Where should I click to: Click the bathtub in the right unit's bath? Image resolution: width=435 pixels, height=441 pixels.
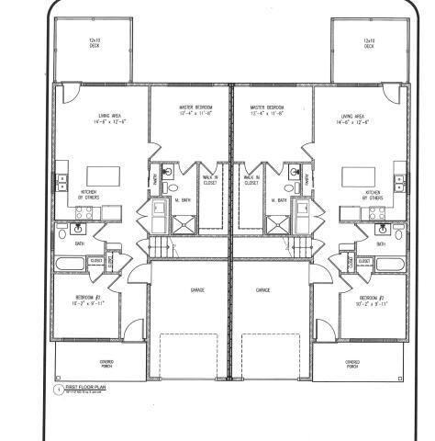393,266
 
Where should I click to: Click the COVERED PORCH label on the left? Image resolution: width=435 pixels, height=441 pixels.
109,364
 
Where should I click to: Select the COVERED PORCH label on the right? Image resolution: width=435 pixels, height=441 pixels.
352,364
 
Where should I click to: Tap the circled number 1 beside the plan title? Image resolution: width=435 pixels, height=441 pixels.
58,390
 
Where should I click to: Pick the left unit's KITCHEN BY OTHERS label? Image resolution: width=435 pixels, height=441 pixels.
89,195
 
